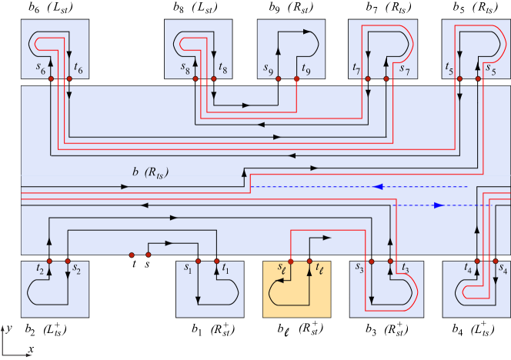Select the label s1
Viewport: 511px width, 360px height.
coord(187,269)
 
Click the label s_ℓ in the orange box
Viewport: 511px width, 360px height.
coord(282,269)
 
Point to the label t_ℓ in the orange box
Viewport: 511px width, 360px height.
coord(319,269)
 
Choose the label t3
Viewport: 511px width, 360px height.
coord(405,269)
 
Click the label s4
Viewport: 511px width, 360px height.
coord(503,269)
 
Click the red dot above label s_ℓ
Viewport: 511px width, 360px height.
coord(291,261)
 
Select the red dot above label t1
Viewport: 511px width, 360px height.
coord(217,261)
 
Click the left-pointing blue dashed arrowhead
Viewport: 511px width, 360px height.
coord(378,186)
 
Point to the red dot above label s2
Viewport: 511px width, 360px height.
coord(68,261)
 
